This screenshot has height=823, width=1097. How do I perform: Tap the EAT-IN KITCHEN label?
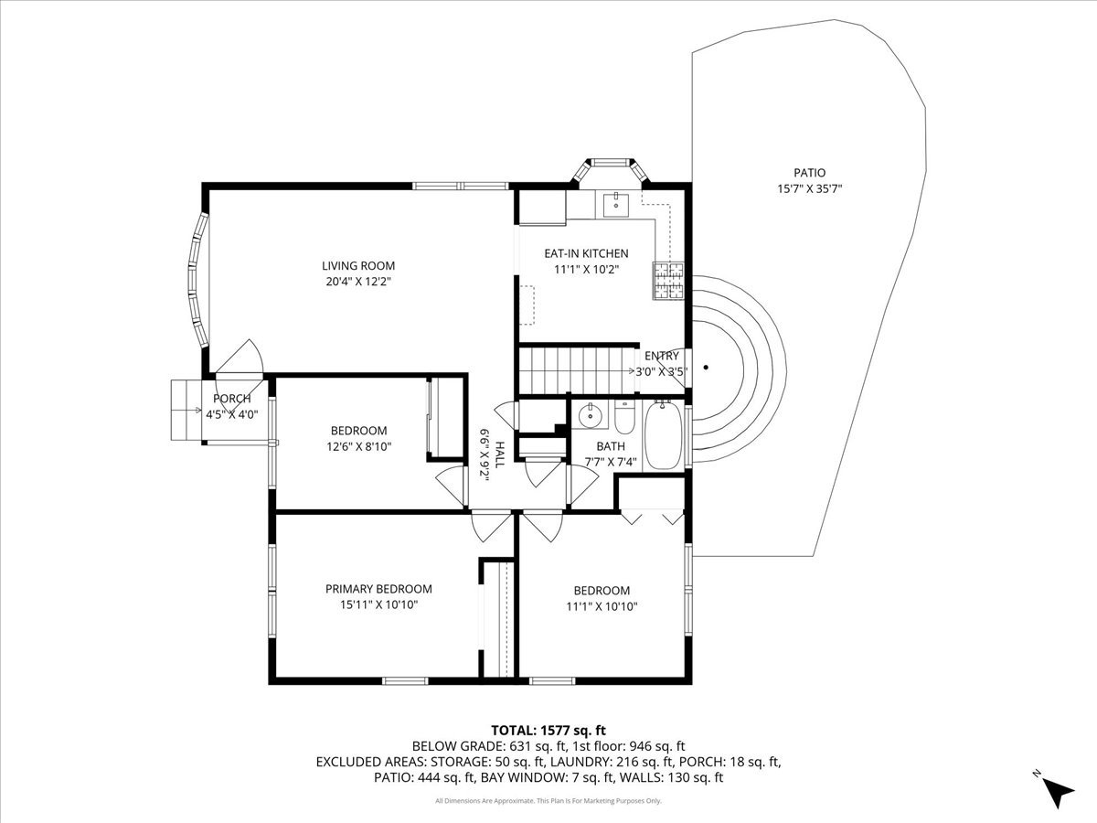586,253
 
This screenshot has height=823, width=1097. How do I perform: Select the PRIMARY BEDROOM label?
378,589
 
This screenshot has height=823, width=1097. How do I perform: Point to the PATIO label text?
809,172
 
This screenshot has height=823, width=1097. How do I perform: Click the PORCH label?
231,399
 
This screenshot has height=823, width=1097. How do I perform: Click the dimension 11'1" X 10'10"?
602,606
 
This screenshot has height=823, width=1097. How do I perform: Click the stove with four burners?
667,281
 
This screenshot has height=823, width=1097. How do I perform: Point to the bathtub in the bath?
663,438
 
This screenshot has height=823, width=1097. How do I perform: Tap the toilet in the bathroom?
625,419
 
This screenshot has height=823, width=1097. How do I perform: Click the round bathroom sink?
591,418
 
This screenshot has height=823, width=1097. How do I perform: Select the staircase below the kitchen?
576,370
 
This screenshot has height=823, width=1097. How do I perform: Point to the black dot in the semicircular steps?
706,369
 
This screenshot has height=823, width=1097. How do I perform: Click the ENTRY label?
662,356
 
